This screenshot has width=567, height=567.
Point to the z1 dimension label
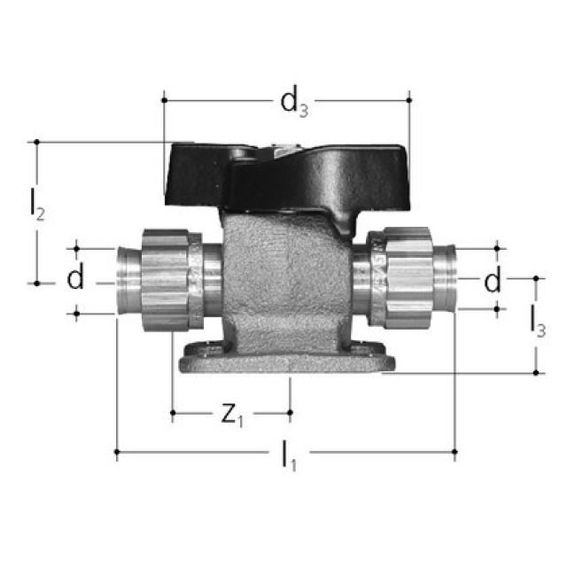[x=230, y=415]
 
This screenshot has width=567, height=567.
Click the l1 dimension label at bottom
[x=288, y=456]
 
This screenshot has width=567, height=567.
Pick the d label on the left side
[x=76, y=280]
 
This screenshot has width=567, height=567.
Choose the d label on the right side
[x=493, y=281]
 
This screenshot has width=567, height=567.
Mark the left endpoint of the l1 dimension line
[x=117, y=453]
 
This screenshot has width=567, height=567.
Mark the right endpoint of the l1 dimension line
[x=454, y=453]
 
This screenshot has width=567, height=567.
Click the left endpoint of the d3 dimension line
[x=164, y=100]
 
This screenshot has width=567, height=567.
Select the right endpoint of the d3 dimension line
[x=409, y=100]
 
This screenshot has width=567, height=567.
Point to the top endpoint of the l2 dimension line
[x=36, y=142]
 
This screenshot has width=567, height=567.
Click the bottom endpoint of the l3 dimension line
[x=537, y=373]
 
